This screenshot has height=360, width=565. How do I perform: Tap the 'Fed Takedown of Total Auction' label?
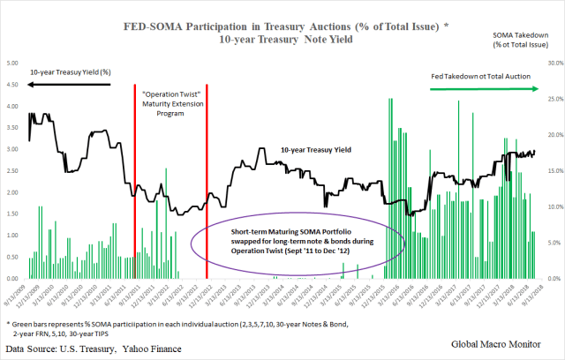point(480,77)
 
